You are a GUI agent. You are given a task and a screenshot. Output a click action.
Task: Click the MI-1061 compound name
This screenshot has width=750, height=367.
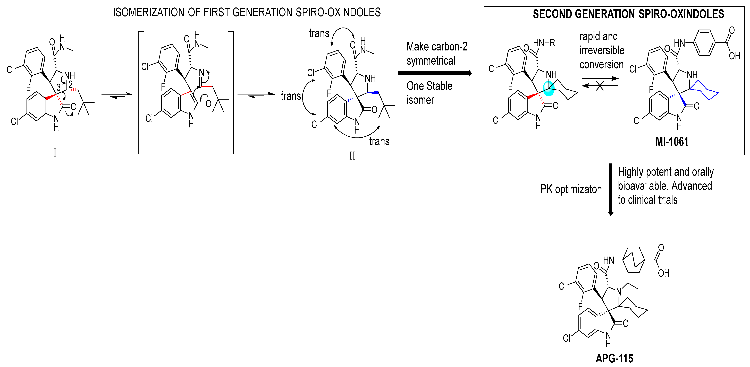pyautogui.click(x=672, y=142)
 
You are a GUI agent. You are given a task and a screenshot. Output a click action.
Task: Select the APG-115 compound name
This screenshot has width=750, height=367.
pyautogui.click(x=614, y=358)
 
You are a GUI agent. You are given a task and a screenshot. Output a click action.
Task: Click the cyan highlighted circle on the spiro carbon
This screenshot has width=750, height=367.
pyautogui.click(x=549, y=89)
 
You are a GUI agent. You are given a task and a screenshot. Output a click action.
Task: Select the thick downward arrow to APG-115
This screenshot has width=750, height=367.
pyautogui.click(x=611, y=189)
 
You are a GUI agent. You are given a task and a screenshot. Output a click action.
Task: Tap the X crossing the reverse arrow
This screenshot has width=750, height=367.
pyautogui.click(x=600, y=86)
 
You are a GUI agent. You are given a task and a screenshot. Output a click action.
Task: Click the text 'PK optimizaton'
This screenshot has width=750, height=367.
pyautogui.click(x=571, y=189)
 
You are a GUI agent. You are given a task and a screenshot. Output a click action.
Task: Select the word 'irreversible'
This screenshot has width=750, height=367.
pyautogui.click(x=602, y=50)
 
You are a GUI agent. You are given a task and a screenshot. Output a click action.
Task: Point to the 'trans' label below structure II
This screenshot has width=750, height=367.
pyautogui.click(x=379, y=141)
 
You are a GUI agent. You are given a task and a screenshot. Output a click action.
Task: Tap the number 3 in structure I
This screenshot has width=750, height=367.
pyautogui.click(x=58, y=87)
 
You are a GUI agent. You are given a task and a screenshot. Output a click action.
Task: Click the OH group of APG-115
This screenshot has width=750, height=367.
pyautogui.click(x=664, y=273)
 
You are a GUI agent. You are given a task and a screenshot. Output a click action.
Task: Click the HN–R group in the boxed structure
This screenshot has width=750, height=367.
pyautogui.click(x=544, y=43)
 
